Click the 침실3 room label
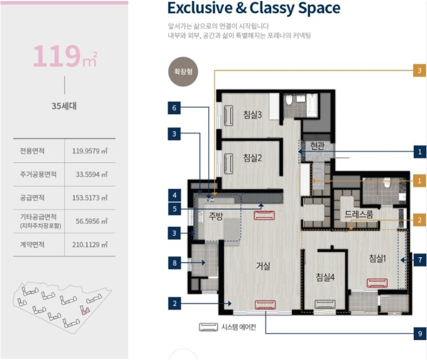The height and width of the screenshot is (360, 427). coord(252,114)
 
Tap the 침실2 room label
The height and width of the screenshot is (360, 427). coord(252,158)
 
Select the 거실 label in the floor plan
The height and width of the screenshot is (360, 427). coord(263,266)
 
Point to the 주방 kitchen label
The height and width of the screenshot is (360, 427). coord(215,216)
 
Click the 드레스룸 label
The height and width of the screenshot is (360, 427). coord(359,214)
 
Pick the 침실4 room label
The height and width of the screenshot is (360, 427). coord(325,277)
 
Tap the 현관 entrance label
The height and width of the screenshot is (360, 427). coord(318,146)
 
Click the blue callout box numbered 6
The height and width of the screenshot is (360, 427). coord(174,108)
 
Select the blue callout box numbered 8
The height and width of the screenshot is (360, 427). coord(175,263)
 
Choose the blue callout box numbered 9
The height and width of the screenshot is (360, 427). coord(420,333)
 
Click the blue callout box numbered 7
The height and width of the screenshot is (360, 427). coord(420,260)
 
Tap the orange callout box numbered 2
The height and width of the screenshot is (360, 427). coord(420,220)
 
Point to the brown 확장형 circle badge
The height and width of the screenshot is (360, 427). coord(183,72)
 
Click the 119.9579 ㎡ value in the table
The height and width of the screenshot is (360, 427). coord(90,151)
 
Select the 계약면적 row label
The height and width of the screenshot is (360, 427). coord(32,245)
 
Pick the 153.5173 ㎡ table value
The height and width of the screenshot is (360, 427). coord(90,198)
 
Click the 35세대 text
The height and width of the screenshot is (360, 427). coord(64,106)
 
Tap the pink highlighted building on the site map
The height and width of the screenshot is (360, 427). coord(86,311)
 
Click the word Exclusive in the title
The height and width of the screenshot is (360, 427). coord(200,8)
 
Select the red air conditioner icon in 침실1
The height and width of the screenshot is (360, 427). coord(377,283)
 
